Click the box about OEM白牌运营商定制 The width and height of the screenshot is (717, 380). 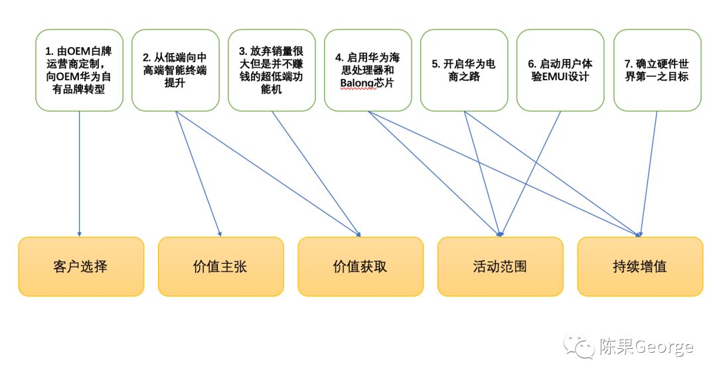(x=79, y=70)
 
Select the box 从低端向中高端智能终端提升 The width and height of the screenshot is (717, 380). (x=175, y=70)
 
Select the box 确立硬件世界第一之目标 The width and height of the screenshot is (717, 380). (x=657, y=70)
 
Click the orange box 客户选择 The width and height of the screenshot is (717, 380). (x=80, y=267)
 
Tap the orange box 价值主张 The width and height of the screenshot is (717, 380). (x=220, y=267)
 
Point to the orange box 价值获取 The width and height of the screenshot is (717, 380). (x=360, y=267)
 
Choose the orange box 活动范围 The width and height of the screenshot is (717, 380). (x=500, y=267)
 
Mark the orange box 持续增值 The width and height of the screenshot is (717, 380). (x=639, y=267)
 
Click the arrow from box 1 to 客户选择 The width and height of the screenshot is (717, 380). (x=79, y=172)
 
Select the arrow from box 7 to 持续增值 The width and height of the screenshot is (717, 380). (x=649, y=172)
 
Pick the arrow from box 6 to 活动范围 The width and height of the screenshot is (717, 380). (x=531, y=172)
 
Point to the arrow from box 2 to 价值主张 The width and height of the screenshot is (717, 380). (x=198, y=172)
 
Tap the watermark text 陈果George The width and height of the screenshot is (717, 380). (x=645, y=346)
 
